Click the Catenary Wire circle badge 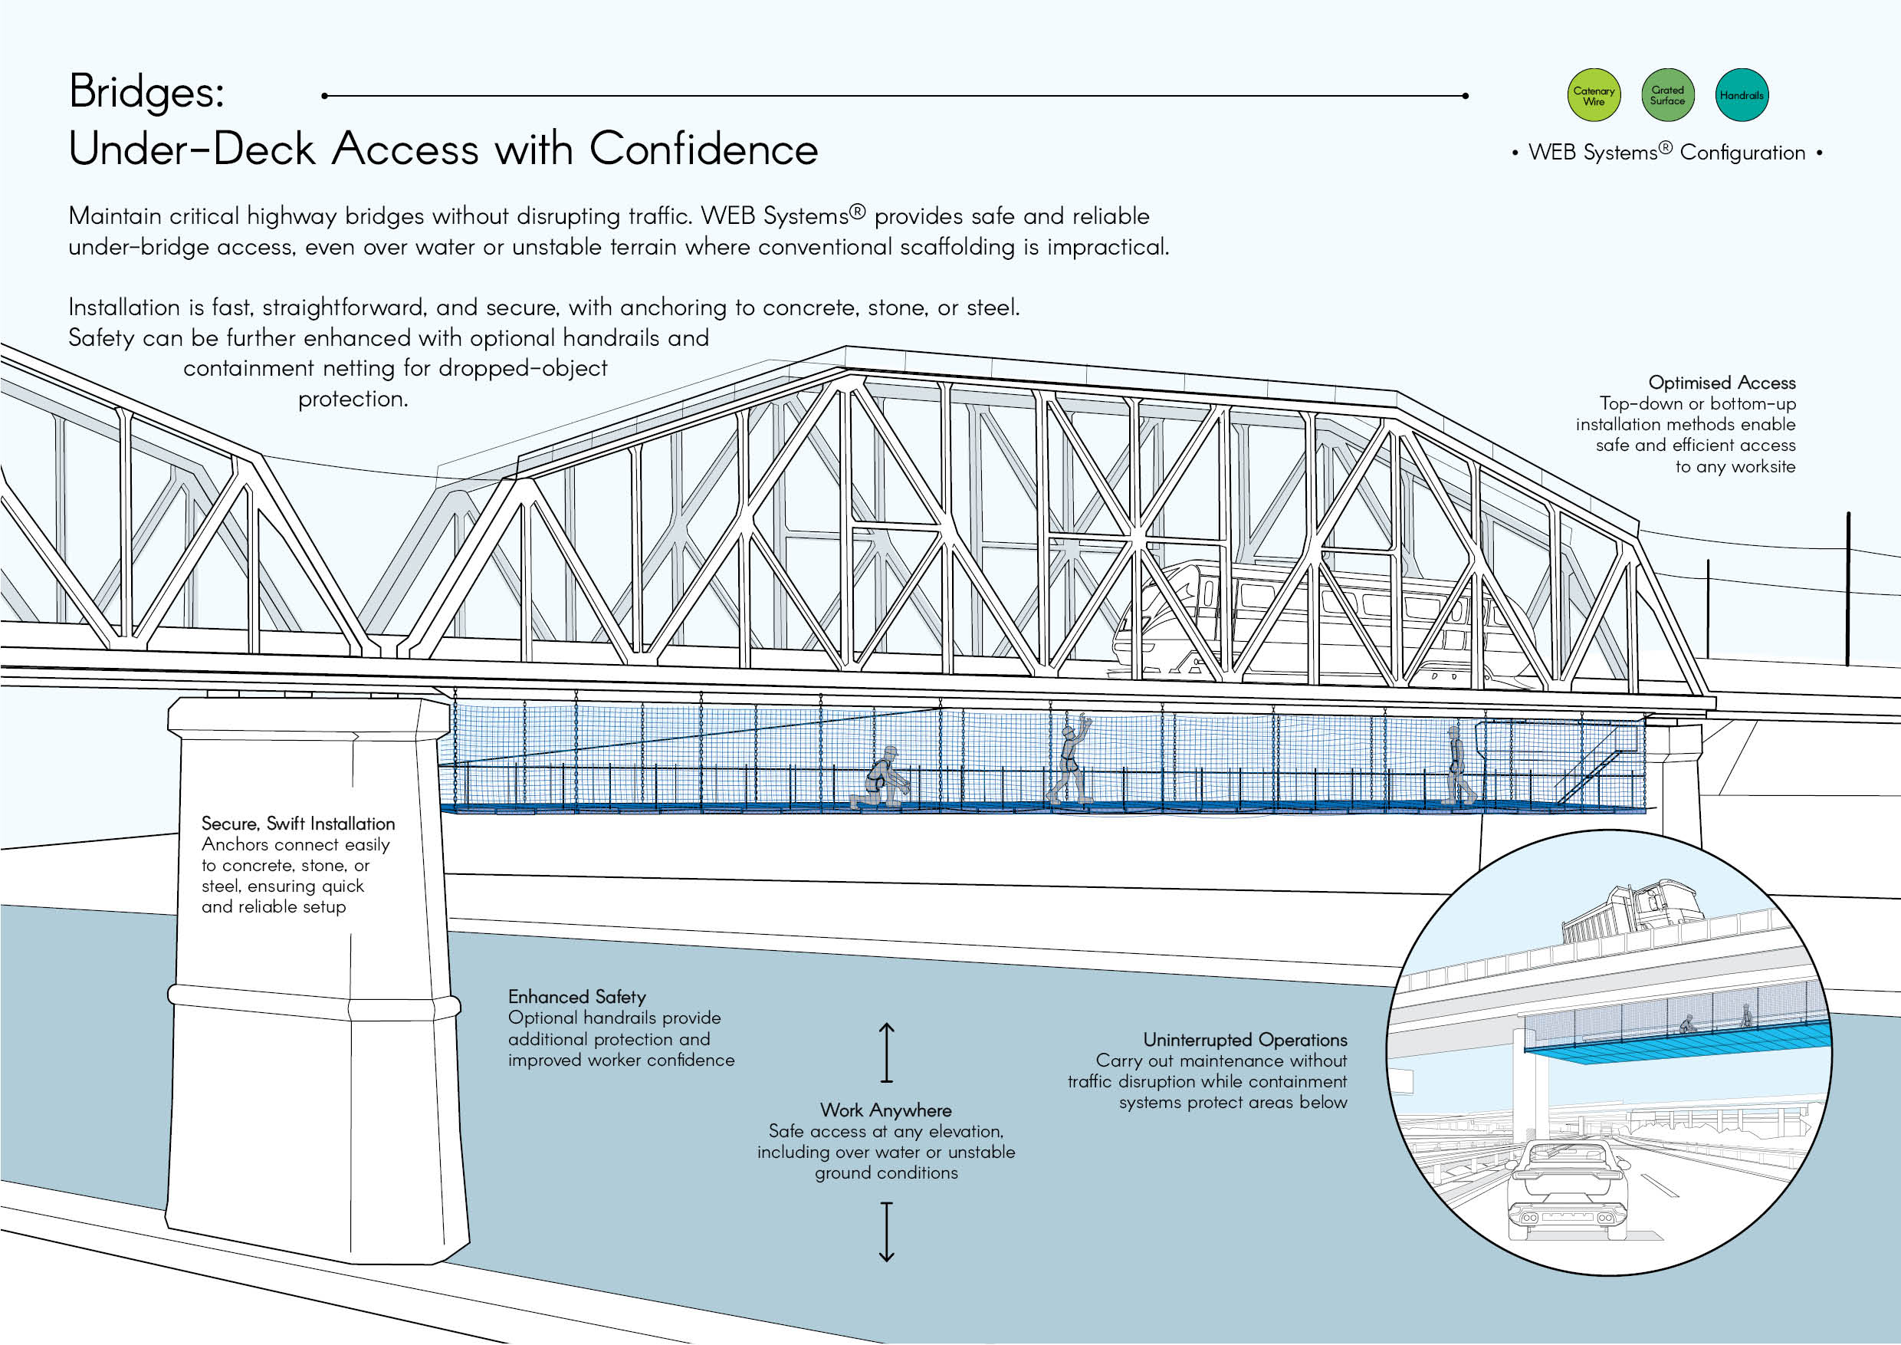[1594, 95]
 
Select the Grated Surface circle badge [1667, 95]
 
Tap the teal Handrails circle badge [1742, 95]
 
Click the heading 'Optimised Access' [1722, 383]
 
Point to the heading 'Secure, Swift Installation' [298, 824]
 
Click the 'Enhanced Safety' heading [577, 996]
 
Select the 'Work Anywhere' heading [886, 1110]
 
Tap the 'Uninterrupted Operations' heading [1246, 1039]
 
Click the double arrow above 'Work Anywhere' [887, 1053]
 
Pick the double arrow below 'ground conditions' [887, 1232]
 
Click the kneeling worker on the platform [881, 778]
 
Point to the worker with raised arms [1071, 758]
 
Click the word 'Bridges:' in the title [146, 92]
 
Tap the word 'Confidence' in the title [703, 149]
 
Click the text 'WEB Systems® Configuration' [1666, 153]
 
